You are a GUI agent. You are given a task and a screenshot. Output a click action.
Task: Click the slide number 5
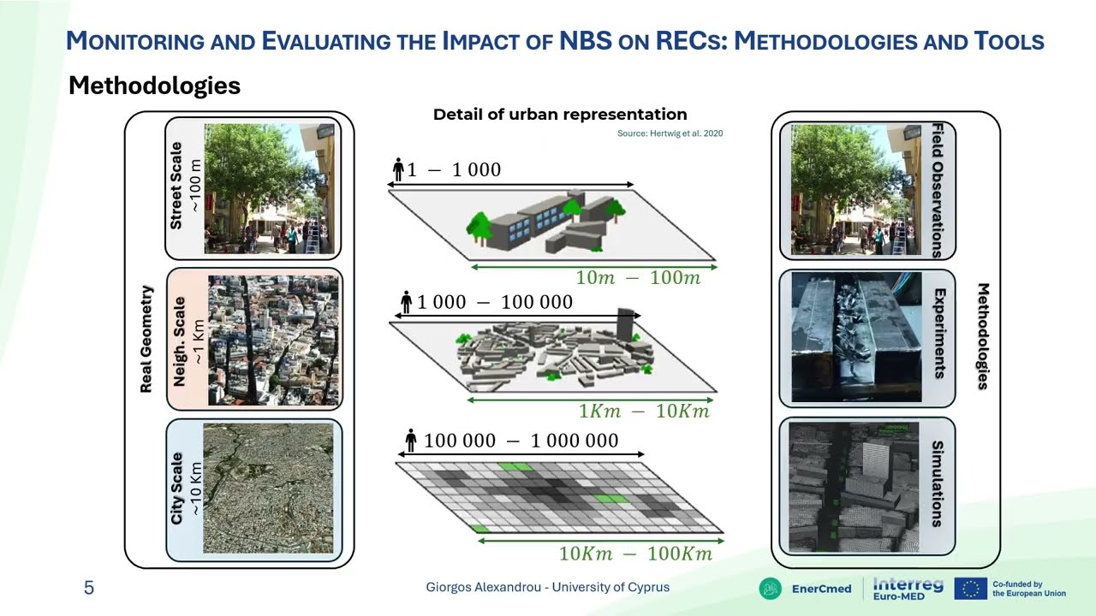(x=89, y=588)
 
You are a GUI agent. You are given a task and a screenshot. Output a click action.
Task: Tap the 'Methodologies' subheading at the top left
(x=154, y=86)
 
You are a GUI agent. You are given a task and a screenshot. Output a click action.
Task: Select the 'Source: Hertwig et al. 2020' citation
(x=670, y=133)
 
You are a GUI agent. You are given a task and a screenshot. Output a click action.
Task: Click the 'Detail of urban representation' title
(x=560, y=115)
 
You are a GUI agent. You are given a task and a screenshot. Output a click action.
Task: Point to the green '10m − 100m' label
(x=638, y=278)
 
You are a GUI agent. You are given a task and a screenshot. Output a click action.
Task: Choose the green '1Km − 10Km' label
(x=644, y=412)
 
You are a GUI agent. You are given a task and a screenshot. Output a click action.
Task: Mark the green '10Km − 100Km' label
(x=635, y=554)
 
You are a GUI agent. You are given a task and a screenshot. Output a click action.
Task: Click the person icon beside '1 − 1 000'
(x=398, y=169)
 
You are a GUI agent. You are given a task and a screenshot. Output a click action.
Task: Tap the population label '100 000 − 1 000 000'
(x=521, y=441)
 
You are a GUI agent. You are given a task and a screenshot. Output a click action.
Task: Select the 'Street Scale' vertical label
(x=176, y=186)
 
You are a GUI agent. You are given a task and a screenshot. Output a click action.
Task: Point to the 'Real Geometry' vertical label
(x=146, y=340)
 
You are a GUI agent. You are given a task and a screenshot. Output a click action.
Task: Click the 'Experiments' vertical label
(x=939, y=334)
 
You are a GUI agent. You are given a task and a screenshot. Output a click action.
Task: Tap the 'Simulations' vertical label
(x=937, y=484)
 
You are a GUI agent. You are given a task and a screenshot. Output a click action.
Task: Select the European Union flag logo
(x=970, y=589)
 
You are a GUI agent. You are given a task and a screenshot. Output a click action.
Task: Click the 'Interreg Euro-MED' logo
(x=908, y=589)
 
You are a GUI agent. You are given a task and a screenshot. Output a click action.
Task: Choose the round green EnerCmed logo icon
(x=771, y=589)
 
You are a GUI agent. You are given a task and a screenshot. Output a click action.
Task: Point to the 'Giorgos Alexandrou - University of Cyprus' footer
(x=548, y=588)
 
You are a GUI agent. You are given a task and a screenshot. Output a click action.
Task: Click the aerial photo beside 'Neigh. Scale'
(x=273, y=340)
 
